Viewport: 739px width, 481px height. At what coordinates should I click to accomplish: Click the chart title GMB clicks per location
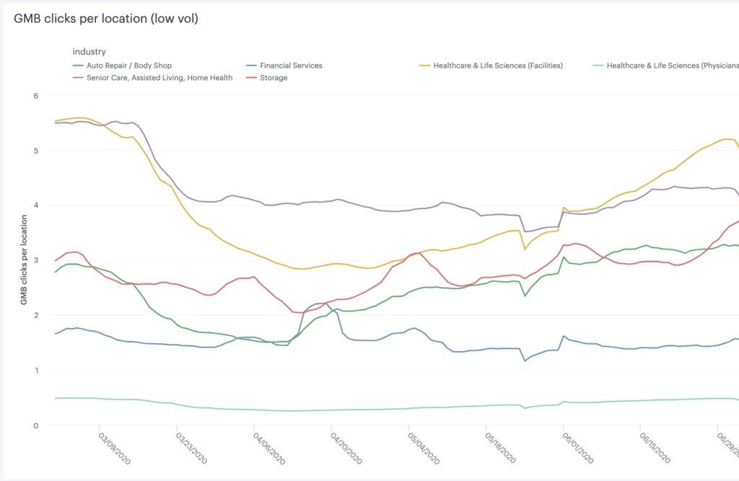coord(105,19)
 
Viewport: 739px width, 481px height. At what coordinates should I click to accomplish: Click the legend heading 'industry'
coord(89,52)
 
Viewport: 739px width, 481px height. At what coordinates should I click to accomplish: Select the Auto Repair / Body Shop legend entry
coord(128,66)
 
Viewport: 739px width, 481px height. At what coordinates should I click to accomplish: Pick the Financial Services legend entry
coord(291,66)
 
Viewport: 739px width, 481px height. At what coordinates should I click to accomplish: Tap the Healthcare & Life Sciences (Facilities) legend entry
coord(497,66)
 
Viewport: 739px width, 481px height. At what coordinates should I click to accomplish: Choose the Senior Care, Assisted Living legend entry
coord(159,78)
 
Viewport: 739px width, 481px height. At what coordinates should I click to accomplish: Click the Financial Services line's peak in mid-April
coord(322,303)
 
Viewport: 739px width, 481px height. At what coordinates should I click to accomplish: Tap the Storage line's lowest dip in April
coord(298,312)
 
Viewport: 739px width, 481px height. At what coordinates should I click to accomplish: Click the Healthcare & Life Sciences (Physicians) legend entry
coord(672,66)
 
